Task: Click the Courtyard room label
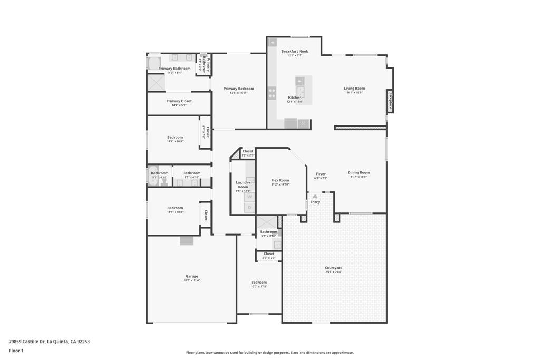[x=333, y=268]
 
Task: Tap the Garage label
[x=191, y=276]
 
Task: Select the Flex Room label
[x=280, y=180]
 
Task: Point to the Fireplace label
[x=391, y=101]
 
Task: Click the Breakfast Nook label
[x=294, y=51]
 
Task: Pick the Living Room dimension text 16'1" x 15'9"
[x=355, y=93]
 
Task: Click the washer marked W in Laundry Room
[x=250, y=197]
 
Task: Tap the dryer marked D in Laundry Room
[x=250, y=208]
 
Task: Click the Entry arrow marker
[x=315, y=197]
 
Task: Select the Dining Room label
[x=359, y=172]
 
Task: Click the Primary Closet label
[x=179, y=101]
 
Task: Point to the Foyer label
[x=321, y=174]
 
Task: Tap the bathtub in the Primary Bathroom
[x=153, y=64]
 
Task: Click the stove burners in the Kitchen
[x=272, y=93]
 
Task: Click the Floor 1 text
[x=16, y=351]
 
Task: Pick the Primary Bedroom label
[x=238, y=89]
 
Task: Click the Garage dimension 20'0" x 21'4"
[x=191, y=280]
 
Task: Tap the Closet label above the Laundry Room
[x=247, y=151]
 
